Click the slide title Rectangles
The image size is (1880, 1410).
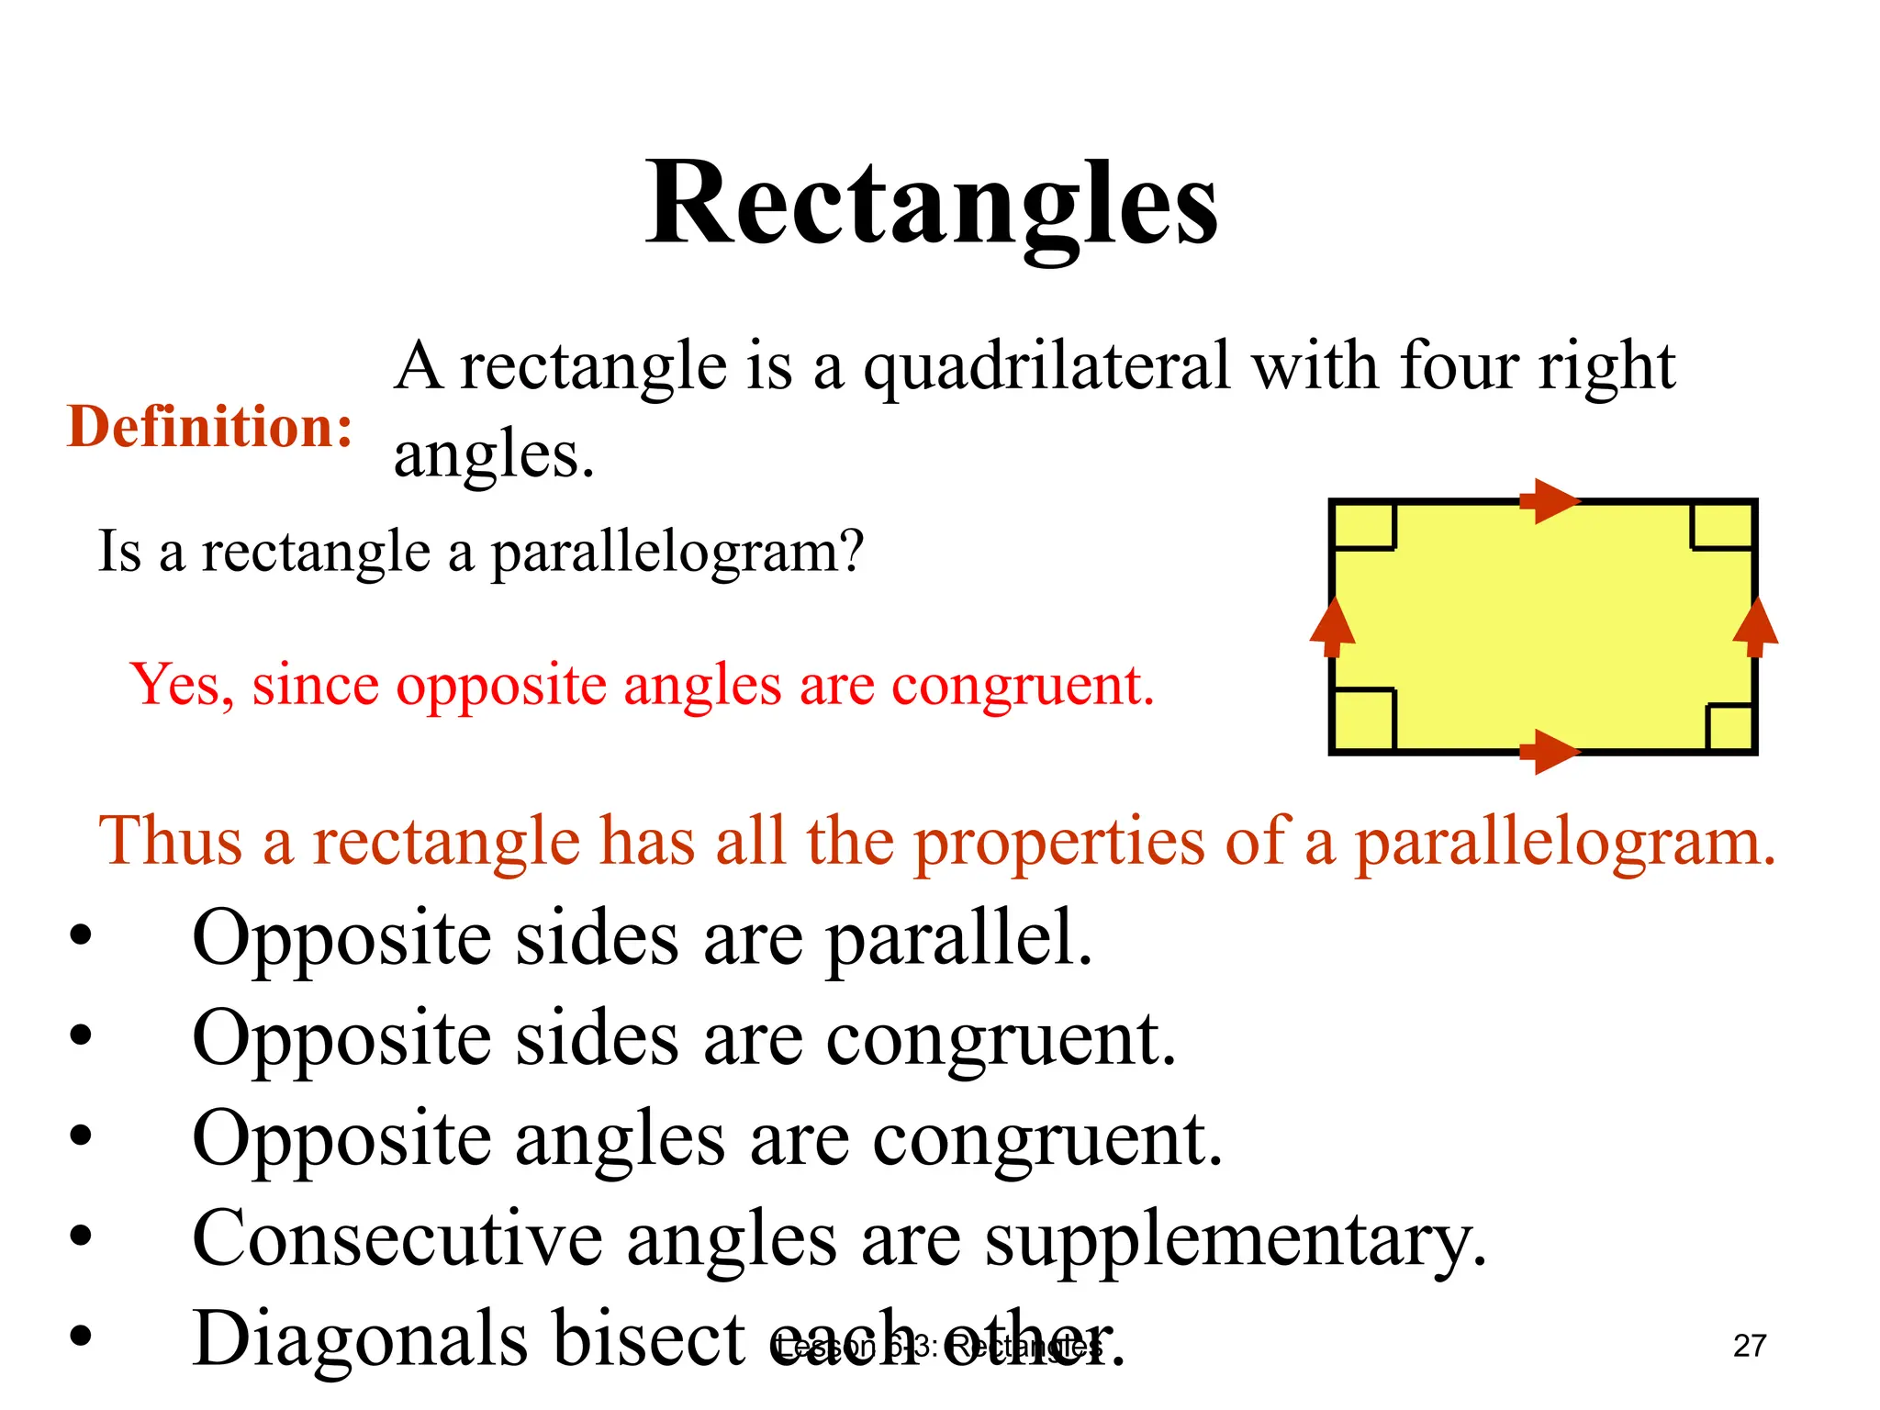[931, 204]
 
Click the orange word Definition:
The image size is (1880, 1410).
[209, 428]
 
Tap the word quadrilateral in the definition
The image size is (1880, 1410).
[1046, 367]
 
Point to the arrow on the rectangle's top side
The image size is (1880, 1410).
[1550, 501]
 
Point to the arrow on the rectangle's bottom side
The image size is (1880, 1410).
[1550, 753]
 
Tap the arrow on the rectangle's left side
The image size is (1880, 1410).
[1332, 627]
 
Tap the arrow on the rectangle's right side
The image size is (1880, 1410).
[1755, 627]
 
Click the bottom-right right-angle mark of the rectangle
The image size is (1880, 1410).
[1730, 728]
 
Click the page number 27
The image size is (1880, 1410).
[1749, 1346]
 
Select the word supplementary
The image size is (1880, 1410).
[1235, 1239]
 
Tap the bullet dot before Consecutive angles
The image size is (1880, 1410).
[81, 1237]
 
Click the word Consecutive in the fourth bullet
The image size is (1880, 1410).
[397, 1239]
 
